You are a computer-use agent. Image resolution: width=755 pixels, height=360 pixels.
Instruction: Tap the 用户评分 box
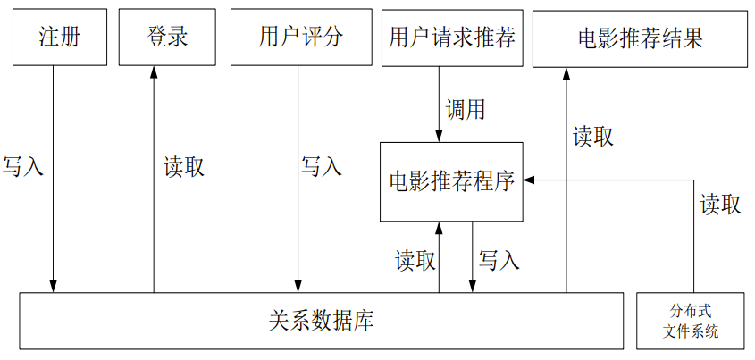pyautogui.click(x=299, y=38)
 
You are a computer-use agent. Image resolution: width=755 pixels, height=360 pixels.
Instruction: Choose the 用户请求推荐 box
pyautogui.click(x=451, y=38)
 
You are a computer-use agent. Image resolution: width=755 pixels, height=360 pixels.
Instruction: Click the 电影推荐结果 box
pyautogui.click(x=640, y=38)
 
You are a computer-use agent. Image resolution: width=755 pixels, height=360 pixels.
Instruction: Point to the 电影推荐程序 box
pyautogui.click(x=451, y=181)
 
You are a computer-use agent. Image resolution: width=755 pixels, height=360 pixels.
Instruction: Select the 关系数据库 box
pyautogui.click(x=321, y=321)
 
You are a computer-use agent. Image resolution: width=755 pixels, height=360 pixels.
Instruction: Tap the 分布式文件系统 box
pyautogui.click(x=692, y=321)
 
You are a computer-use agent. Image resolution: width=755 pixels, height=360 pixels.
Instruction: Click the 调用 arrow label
pyautogui.click(x=466, y=110)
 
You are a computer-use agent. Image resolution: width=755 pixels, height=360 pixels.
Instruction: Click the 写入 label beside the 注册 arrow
pyautogui.click(x=23, y=167)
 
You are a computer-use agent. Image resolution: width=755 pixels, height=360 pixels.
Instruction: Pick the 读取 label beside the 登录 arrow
pyautogui.click(x=184, y=167)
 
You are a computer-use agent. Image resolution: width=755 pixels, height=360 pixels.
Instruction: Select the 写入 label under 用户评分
pyautogui.click(x=321, y=167)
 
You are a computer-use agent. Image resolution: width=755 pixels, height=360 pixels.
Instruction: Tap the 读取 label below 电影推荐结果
pyautogui.click(x=592, y=137)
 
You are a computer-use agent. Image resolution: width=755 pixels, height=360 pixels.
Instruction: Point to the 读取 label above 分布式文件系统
pyautogui.click(x=719, y=205)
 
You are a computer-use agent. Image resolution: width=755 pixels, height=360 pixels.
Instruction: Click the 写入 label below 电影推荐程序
pyautogui.click(x=499, y=260)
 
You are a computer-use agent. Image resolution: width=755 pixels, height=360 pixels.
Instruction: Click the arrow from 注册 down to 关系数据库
pyautogui.click(x=54, y=179)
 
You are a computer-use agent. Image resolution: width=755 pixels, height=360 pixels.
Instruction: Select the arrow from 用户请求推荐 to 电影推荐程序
pyautogui.click(x=439, y=104)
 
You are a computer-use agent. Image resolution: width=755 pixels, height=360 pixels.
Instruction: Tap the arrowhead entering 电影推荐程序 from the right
pyautogui.click(x=529, y=180)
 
